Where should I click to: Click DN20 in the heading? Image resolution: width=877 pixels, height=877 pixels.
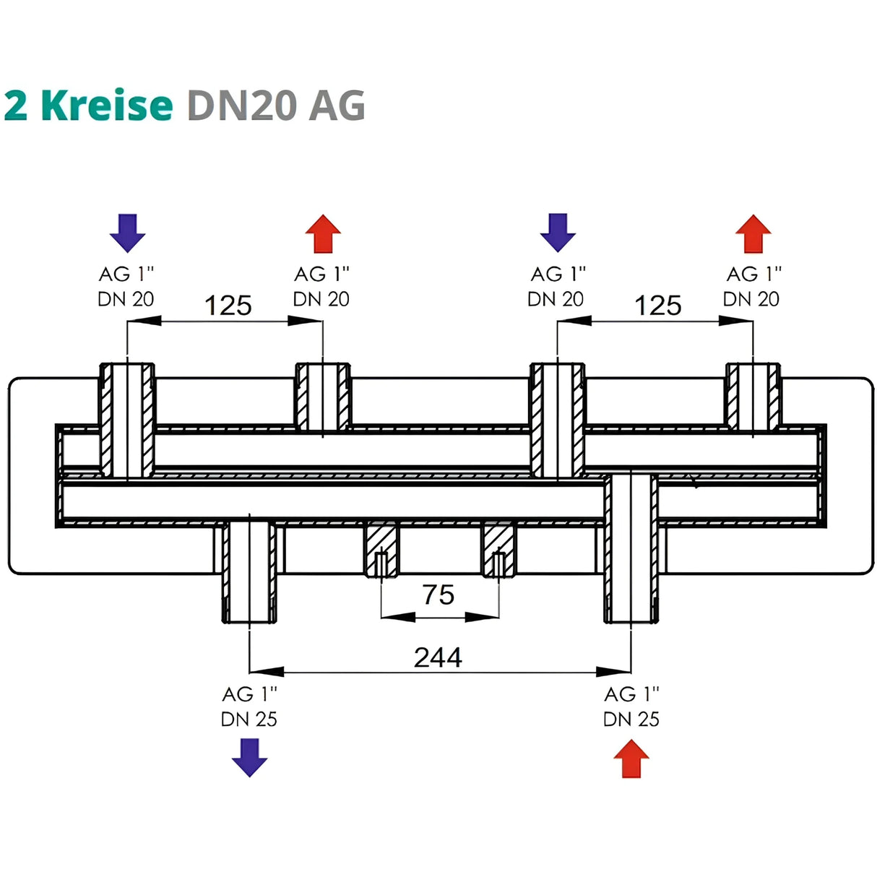click(x=242, y=105)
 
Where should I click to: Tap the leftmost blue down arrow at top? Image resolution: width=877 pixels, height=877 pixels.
click(x=127, y=232)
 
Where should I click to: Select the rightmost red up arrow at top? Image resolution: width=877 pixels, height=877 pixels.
click(x=753, y=233)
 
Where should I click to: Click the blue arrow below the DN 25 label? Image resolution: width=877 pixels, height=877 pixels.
click(x=249, y=756)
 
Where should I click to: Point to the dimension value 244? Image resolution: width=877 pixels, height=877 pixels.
click(x=438, y=657)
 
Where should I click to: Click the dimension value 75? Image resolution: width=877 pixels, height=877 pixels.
click(x=438, y=595)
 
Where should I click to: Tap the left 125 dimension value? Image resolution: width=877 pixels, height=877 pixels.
click(x=228, y=306)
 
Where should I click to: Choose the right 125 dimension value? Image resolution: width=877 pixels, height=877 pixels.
click(x=657, y=306)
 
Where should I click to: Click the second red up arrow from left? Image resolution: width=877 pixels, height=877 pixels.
click(x=323, y=233)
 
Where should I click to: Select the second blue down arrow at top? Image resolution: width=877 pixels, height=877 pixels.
click(x=558, y=232)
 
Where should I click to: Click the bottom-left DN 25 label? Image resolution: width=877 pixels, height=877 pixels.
click(x=249, y=719)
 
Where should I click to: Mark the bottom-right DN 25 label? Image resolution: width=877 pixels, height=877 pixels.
click(x=631, y=719)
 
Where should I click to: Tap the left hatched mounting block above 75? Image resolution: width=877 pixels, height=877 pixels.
click(x=381, y=549)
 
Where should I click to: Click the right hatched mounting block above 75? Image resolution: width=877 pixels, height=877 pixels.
click(x=498, y=549)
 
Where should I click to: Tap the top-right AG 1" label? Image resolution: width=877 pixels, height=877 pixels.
click(x=753, y=275)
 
